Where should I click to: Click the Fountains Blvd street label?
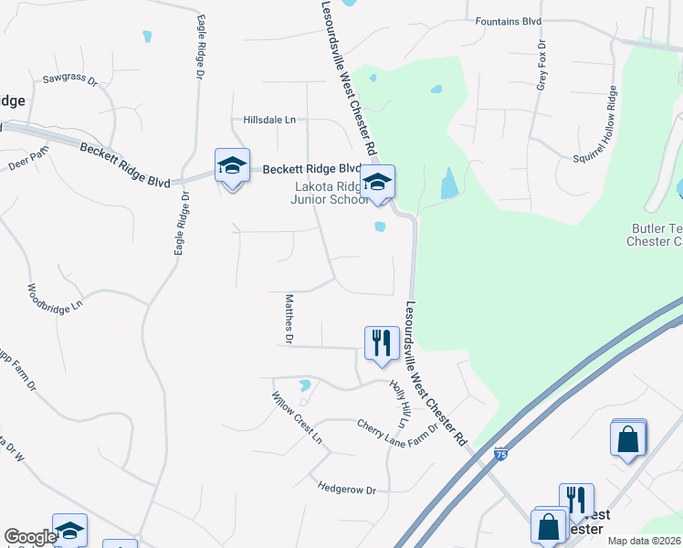pos(509,20)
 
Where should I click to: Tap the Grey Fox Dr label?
pos(541,65)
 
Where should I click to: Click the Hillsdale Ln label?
pos(269,120)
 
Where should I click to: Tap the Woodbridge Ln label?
pos(55,299)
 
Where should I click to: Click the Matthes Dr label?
pos(289,319)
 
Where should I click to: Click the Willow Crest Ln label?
pos(298,418)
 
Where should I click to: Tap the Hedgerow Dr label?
pos(347,490)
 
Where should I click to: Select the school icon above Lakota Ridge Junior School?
pos(377,182)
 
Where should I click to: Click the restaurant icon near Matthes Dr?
pos(380,343)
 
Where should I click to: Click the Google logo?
pos(30,537)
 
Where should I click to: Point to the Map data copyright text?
pos(645,541)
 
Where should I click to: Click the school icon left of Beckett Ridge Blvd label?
pos(232,166)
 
